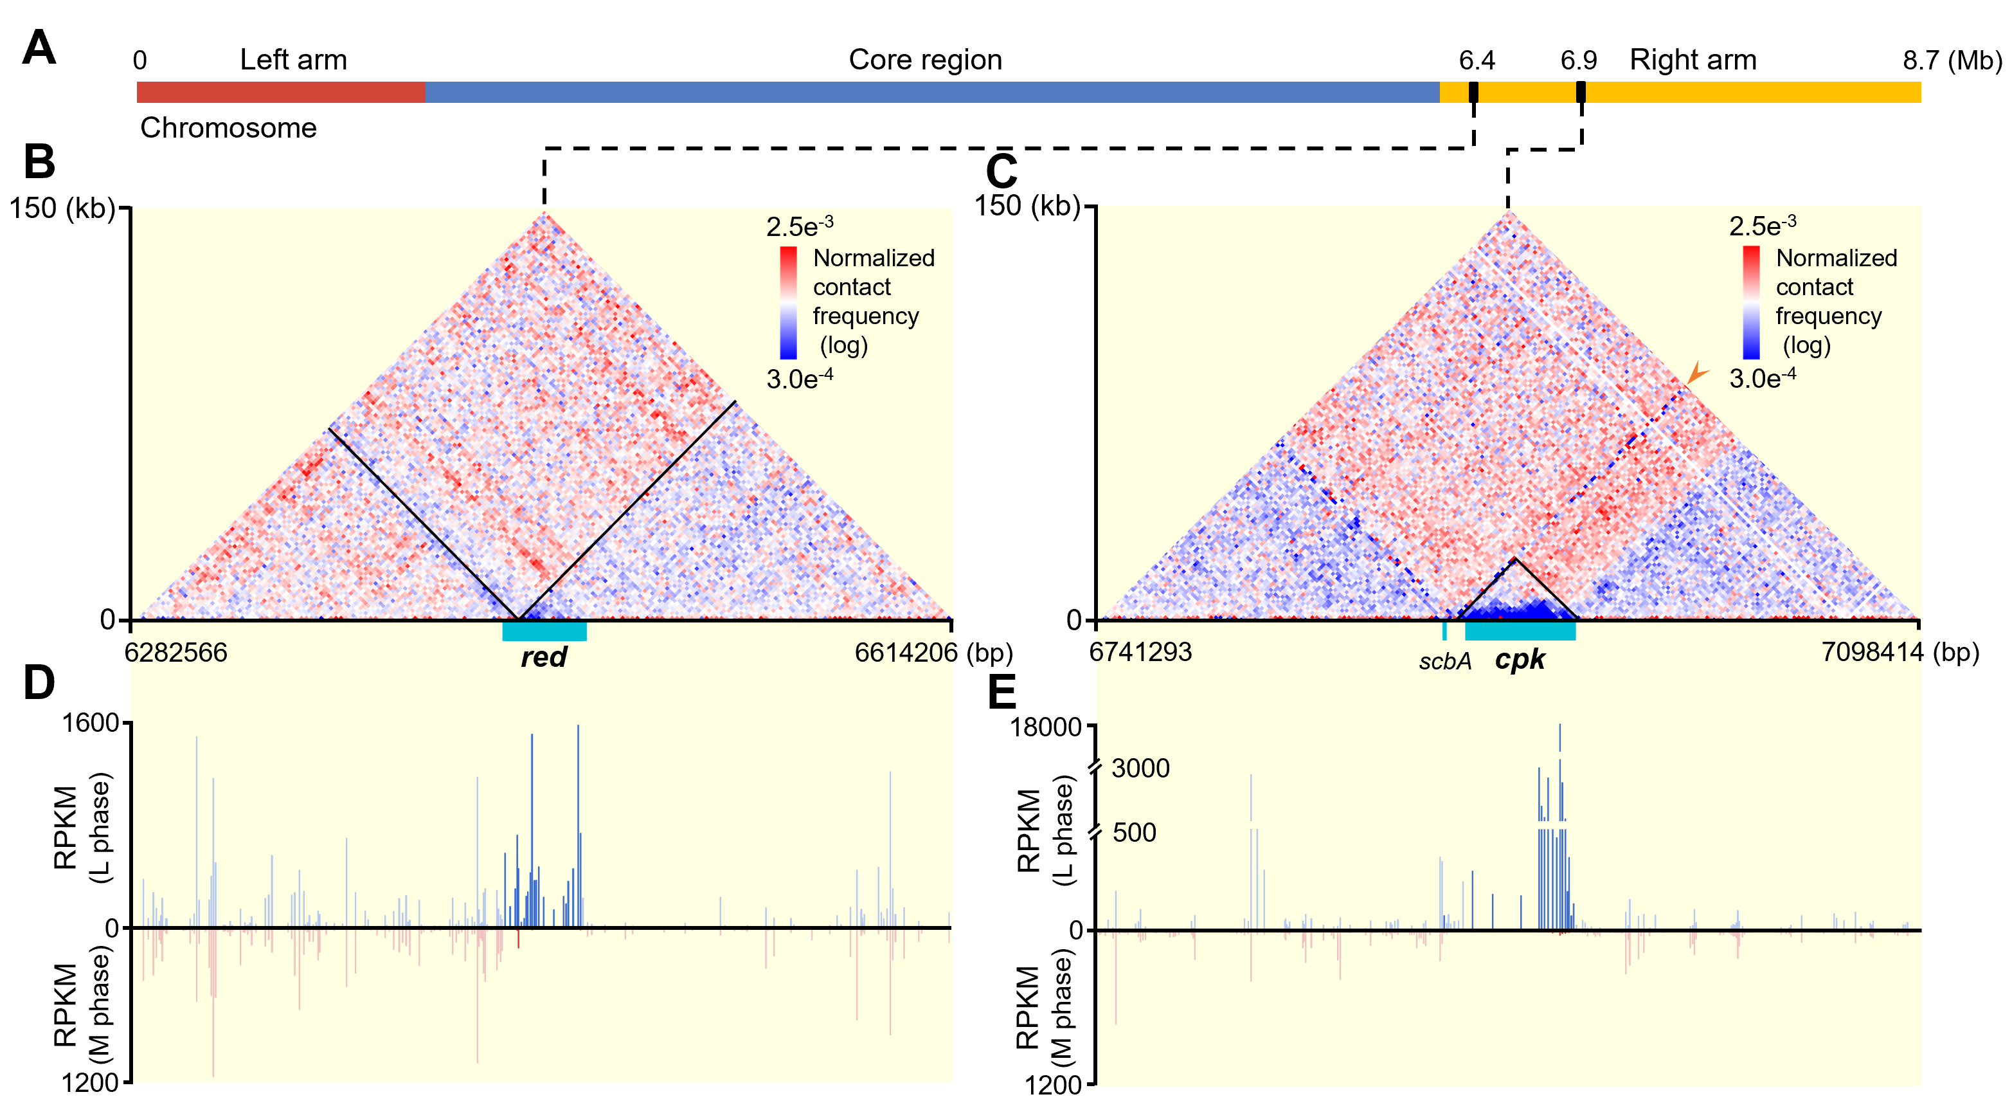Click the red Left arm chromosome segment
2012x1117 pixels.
coord(281,92)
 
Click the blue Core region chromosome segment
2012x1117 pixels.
coord(930,92)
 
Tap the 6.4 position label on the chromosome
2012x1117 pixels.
coord(1476,60)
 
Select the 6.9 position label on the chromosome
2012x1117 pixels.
coord(1579,60)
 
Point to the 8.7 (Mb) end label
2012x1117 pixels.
coord(1952,60)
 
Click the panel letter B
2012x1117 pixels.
coord(39,161)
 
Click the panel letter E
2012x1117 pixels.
coord(1002,691)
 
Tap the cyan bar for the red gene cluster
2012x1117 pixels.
coord(544,631)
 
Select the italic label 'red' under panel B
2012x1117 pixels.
coord(544,657)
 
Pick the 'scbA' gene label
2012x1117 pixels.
coord(1445,662)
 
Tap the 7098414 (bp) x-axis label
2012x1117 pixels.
coord(1900,651)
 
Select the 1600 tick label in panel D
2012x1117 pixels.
coord(91,723)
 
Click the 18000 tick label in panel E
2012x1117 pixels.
coord(1046,727)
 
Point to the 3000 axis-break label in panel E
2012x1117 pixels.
coord(1140,768)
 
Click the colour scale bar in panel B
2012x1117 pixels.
coord(788,302)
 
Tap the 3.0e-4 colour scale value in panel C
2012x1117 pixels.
coord(1762,378)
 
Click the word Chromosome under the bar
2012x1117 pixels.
coord(228,128)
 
